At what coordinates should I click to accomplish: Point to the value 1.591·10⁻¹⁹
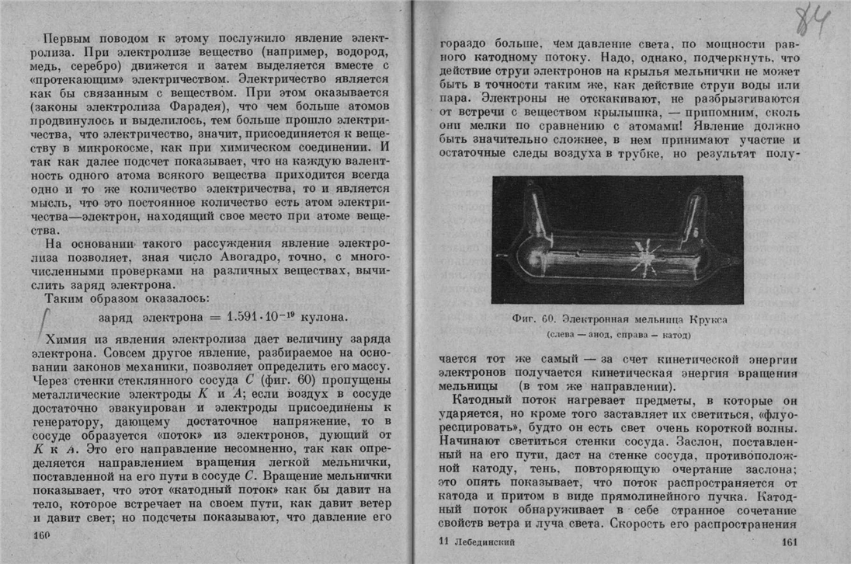[x=266, y=318]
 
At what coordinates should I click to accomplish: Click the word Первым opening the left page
[x=69, y=38]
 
